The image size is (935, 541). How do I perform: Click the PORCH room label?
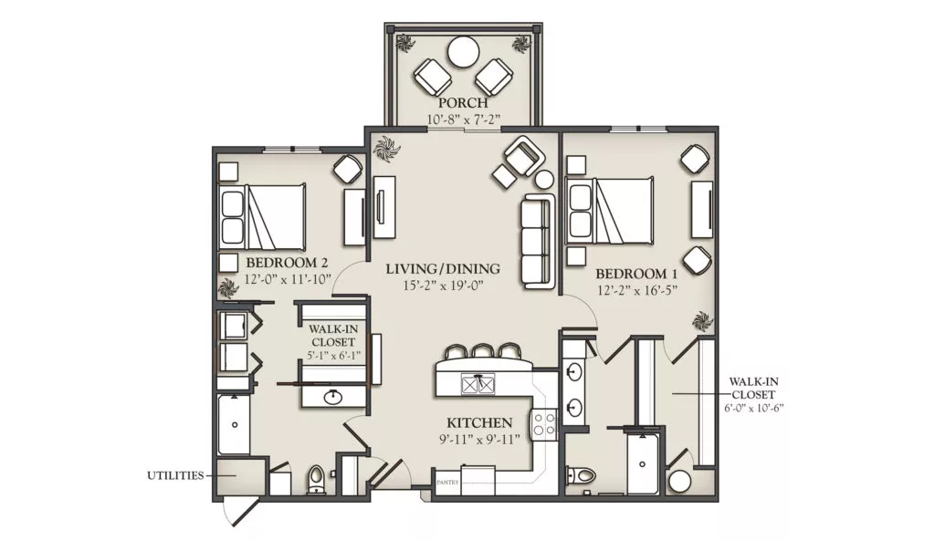(463, 103)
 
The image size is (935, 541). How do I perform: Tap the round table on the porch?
(462, 52)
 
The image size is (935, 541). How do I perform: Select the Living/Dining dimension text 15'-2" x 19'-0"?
(443, 286)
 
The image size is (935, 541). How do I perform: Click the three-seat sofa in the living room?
(538, 241)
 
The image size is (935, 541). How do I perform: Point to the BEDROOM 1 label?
(636, 274)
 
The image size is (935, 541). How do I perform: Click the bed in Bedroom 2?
(263, 216)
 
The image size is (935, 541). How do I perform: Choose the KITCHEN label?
(479, 423)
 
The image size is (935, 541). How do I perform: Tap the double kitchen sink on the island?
(478, 384)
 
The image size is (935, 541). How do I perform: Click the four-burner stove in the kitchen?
(544, 423)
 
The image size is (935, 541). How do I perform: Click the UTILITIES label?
(175, 475)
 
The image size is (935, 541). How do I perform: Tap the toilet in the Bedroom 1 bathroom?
(581, 475)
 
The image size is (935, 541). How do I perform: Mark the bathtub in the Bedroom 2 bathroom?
(234, 425)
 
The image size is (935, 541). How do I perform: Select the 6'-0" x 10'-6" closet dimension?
(753, 408)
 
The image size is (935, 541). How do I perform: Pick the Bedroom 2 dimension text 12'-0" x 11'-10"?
(288, 279)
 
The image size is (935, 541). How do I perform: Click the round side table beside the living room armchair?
(544, 179)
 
